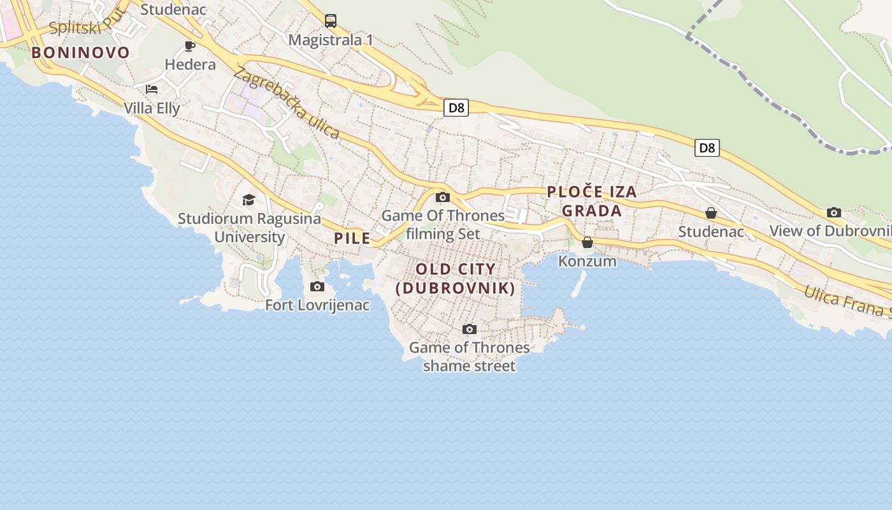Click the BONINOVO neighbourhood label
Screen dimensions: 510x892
80,52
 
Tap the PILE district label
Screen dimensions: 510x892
352,238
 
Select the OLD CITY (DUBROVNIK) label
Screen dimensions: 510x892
456,279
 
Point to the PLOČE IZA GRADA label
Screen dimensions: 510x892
592,201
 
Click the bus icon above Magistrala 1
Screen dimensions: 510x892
330,21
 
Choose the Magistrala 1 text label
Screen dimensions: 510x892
331,40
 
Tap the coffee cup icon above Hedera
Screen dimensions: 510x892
189,45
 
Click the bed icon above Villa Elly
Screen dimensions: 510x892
152,89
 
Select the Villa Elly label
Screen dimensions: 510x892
152,108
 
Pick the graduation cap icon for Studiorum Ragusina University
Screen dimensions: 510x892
248,200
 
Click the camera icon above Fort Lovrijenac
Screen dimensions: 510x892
317,286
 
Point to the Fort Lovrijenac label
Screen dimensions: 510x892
317,305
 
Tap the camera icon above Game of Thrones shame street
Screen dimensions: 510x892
470,329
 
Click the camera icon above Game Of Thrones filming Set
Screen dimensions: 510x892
443,197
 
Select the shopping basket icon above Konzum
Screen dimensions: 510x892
587,242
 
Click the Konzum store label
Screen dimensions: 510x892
587,261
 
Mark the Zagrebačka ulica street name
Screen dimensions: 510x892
286,103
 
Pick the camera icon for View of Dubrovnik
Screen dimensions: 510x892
833,212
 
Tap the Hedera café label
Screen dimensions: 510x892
190,64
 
